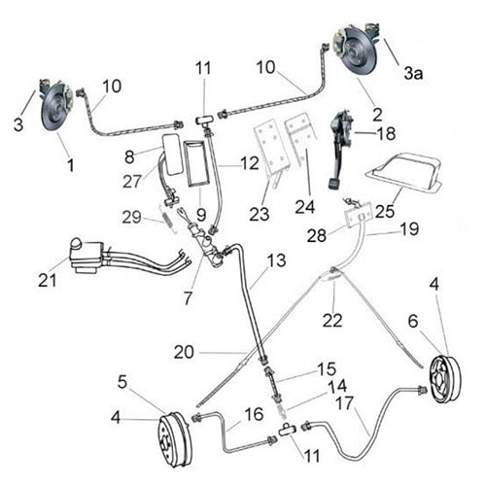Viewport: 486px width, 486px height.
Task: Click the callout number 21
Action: tap(44, 282)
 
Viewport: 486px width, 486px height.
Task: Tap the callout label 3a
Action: tap(413, 73)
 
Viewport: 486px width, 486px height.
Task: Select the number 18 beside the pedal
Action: tap(386, 133)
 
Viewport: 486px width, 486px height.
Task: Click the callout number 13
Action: tap(278, 260)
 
